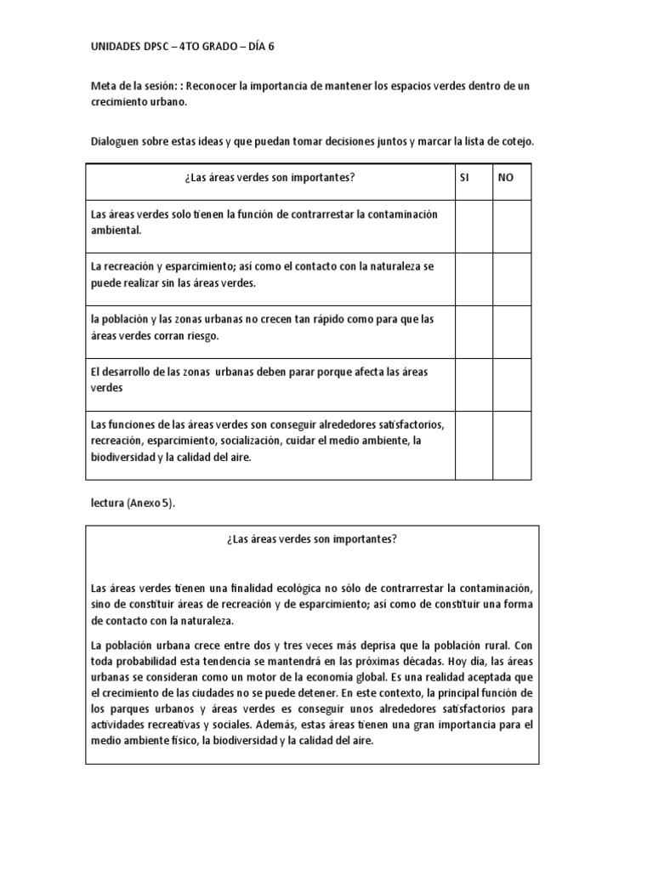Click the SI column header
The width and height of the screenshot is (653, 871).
tap(465, 177)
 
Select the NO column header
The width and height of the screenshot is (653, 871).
tap(505, 177)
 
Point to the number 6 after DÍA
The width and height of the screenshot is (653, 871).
tap(271, 48)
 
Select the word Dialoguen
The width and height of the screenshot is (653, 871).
tap(116, 142)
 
